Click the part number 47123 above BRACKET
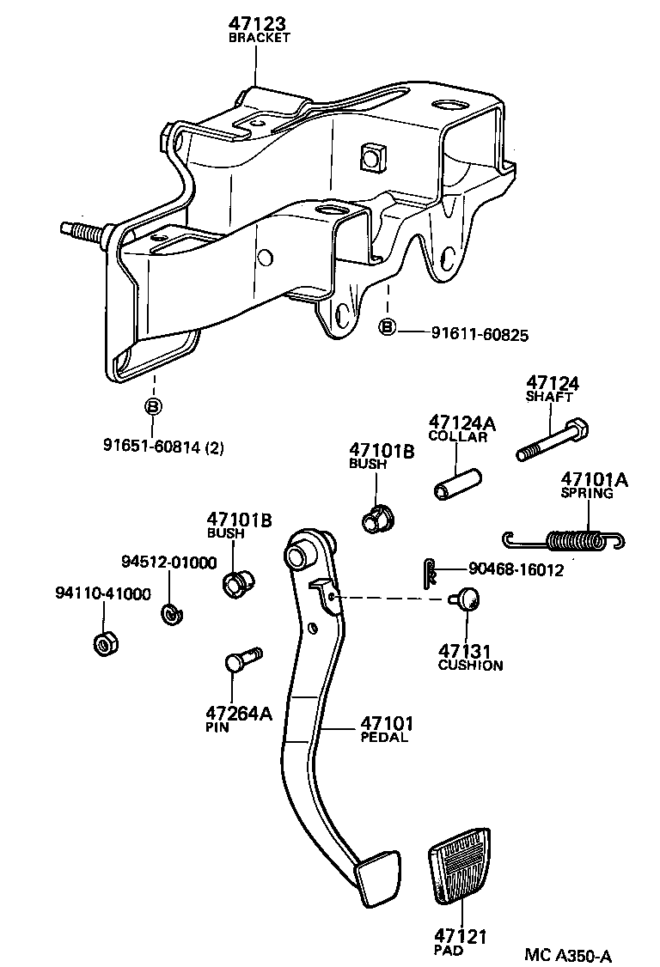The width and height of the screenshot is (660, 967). (258, 24)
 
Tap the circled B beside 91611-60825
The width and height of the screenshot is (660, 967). (387, 327)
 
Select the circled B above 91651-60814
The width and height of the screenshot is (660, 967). (153, 406)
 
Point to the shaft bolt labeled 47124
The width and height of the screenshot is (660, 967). (552, 439)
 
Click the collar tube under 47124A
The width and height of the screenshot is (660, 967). (457, 484)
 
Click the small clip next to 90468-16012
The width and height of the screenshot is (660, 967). (431, 573)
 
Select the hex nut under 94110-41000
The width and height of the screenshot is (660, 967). (105, 644)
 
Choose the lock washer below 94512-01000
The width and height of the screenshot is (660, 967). (171, 614)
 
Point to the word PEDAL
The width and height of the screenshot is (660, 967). (384, 737)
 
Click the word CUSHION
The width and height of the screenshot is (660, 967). (470, 666)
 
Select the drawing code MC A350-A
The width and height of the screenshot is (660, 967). (569, 955)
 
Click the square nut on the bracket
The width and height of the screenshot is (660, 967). (372, 157)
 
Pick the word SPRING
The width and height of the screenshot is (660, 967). (587, 493)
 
